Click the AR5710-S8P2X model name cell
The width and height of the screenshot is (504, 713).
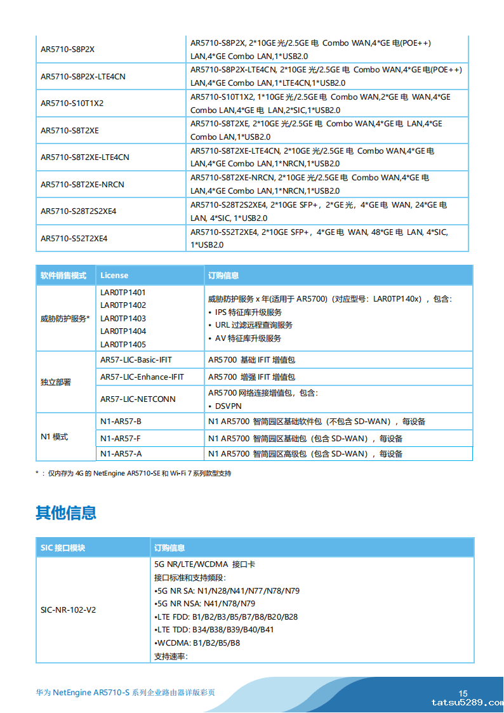(68, 50)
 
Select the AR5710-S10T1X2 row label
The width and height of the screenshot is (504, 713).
(72, 103)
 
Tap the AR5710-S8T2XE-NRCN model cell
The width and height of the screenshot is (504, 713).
(83, 185)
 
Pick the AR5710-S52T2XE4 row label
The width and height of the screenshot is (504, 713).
(74, 239)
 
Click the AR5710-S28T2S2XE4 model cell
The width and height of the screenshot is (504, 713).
(79, 211)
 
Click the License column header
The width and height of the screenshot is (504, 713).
(114, 276)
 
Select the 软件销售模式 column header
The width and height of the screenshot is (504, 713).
(63, 276)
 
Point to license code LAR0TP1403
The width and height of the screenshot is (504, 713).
(123, 319)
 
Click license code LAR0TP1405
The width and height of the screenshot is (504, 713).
(123, 345)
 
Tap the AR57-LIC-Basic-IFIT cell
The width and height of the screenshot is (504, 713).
(136, 360)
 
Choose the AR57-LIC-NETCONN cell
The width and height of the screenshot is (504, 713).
(138, 399)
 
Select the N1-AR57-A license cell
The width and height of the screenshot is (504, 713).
(121, 454)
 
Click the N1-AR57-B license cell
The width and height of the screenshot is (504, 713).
(121, 422)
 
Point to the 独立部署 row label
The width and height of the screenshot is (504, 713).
(56, 382)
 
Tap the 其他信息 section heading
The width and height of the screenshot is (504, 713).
(66, 513)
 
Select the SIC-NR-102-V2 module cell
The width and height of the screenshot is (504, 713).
(69, 610)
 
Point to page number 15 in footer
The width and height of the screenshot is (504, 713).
(463, 693)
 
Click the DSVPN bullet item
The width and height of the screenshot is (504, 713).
(227, 406)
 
